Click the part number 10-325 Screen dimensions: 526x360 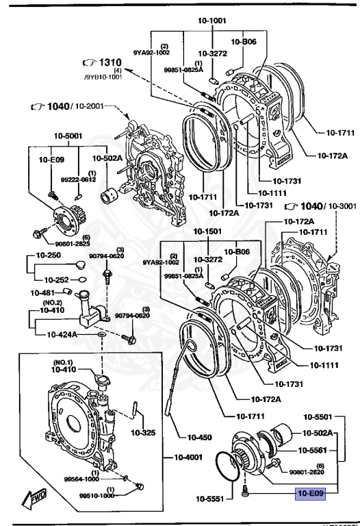[143, 432]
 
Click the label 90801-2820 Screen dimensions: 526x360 [307, 472]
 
